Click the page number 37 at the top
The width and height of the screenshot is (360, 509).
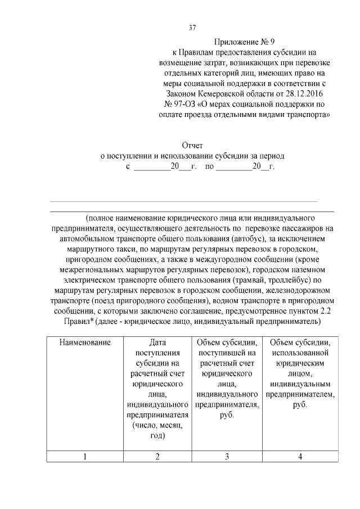click(192, 28)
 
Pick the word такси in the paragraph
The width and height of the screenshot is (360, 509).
click(125, 248)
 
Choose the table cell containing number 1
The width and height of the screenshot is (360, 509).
click(85, 456)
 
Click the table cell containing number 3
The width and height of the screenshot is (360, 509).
click(227, 456)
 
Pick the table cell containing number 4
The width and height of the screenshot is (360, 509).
click(300, 456)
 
